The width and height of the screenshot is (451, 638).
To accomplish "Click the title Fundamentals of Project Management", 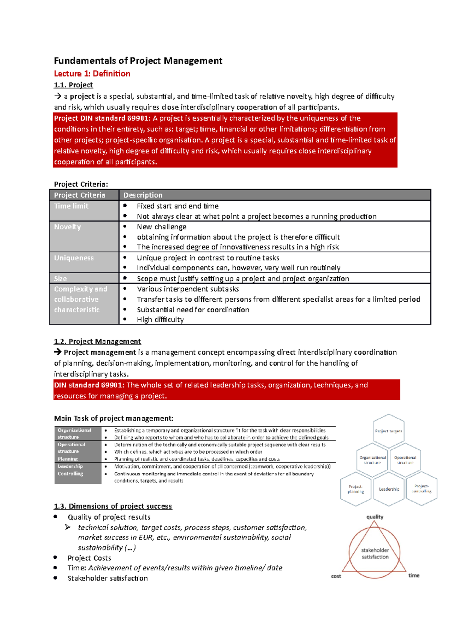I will pos(138,61).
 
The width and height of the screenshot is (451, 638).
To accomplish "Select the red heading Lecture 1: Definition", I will pos(92,74).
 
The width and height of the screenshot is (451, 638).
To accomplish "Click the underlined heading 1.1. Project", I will pos(73,85).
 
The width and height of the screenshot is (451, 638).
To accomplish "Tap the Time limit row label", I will pos(71,206).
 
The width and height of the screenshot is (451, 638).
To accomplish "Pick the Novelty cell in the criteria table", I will pos(68,227).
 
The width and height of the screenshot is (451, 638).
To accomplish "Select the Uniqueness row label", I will pos(74,258).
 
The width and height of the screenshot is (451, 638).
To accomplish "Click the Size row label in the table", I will pos(61,278).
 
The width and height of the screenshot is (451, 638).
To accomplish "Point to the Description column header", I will pos(143,195).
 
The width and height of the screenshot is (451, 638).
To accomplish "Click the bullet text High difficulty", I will pos(160,320).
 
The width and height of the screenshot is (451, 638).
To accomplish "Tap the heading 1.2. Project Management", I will pos(97,342).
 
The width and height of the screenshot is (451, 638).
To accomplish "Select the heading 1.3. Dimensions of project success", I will pos(113,506).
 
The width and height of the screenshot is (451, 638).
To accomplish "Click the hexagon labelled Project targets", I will pos(389,431).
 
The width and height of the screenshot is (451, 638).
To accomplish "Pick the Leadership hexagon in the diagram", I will pos(389,489).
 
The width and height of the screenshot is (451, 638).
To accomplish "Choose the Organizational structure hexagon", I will pos(372,460).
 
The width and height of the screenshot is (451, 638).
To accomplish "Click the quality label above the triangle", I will pos(375,517).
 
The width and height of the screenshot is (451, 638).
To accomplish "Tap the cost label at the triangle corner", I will pos(336,576).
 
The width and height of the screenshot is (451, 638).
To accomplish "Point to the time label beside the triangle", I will pos(414,576).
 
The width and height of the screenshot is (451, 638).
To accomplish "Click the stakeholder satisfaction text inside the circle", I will pos(375,553).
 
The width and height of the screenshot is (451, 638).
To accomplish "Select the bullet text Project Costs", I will pos(89,558).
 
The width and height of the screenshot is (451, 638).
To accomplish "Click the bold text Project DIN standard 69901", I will pos(102,118).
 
